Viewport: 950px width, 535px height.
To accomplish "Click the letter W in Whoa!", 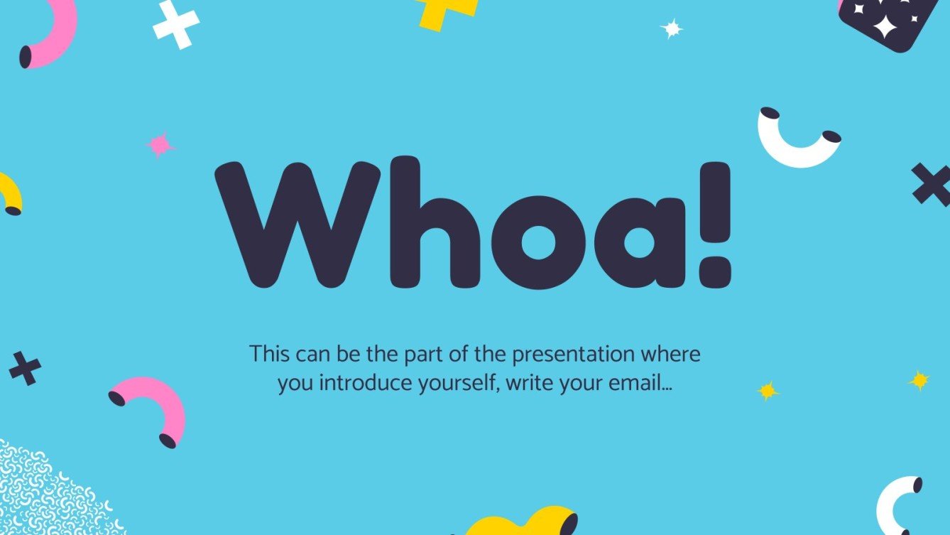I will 298,224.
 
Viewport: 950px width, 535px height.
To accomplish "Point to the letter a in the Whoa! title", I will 639,242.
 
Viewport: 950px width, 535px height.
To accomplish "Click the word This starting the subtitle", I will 270,354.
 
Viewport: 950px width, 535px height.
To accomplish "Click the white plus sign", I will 175,23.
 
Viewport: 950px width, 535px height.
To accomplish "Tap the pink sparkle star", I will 160,145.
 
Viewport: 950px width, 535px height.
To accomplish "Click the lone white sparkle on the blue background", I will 671,28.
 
